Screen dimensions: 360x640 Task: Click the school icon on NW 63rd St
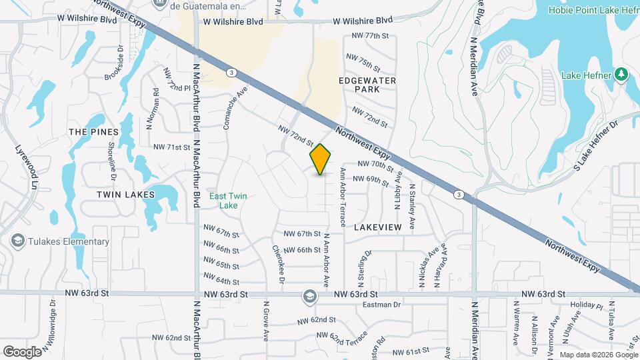pyautogui.click(x=309, y=295)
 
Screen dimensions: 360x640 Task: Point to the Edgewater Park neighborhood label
pyautogui.click(x=367, y=85)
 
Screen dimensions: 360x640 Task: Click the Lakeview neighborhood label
pyautogui.click(x=378, y=227)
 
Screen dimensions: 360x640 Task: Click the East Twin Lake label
pyautogui.click(x=224, y=201)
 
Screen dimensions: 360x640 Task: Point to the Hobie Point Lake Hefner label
pyautogui.click(x=593, y=10)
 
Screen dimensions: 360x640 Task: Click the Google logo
pyautogui.click(x=22, y=351)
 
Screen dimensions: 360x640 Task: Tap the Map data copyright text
pyautogui.click(x=599, y=355)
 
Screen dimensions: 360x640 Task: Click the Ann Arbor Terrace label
pyautogui.click(x=343, y=197)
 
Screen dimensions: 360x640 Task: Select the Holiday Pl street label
pyautogui.click(x=587, y=306)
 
